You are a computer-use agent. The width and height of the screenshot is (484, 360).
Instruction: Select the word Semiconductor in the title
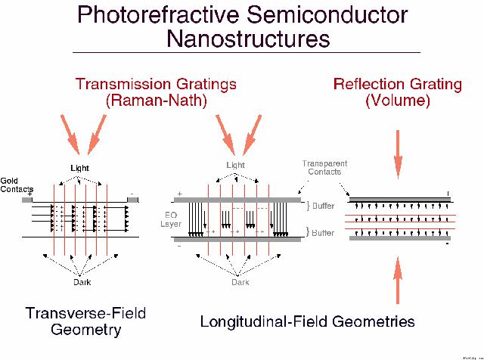click(328, 16)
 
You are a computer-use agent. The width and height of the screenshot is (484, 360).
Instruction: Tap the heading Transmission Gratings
click(155, 83)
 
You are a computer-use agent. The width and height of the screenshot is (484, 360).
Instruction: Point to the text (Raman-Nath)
click(155, 100)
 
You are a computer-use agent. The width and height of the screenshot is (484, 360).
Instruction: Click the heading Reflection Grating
click(398, 83)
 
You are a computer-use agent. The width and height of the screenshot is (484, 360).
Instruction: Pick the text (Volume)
click(398, 100)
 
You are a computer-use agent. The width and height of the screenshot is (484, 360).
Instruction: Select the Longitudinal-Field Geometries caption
click(307, 321)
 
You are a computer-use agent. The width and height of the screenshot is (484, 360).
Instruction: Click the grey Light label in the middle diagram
click(236, 165)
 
